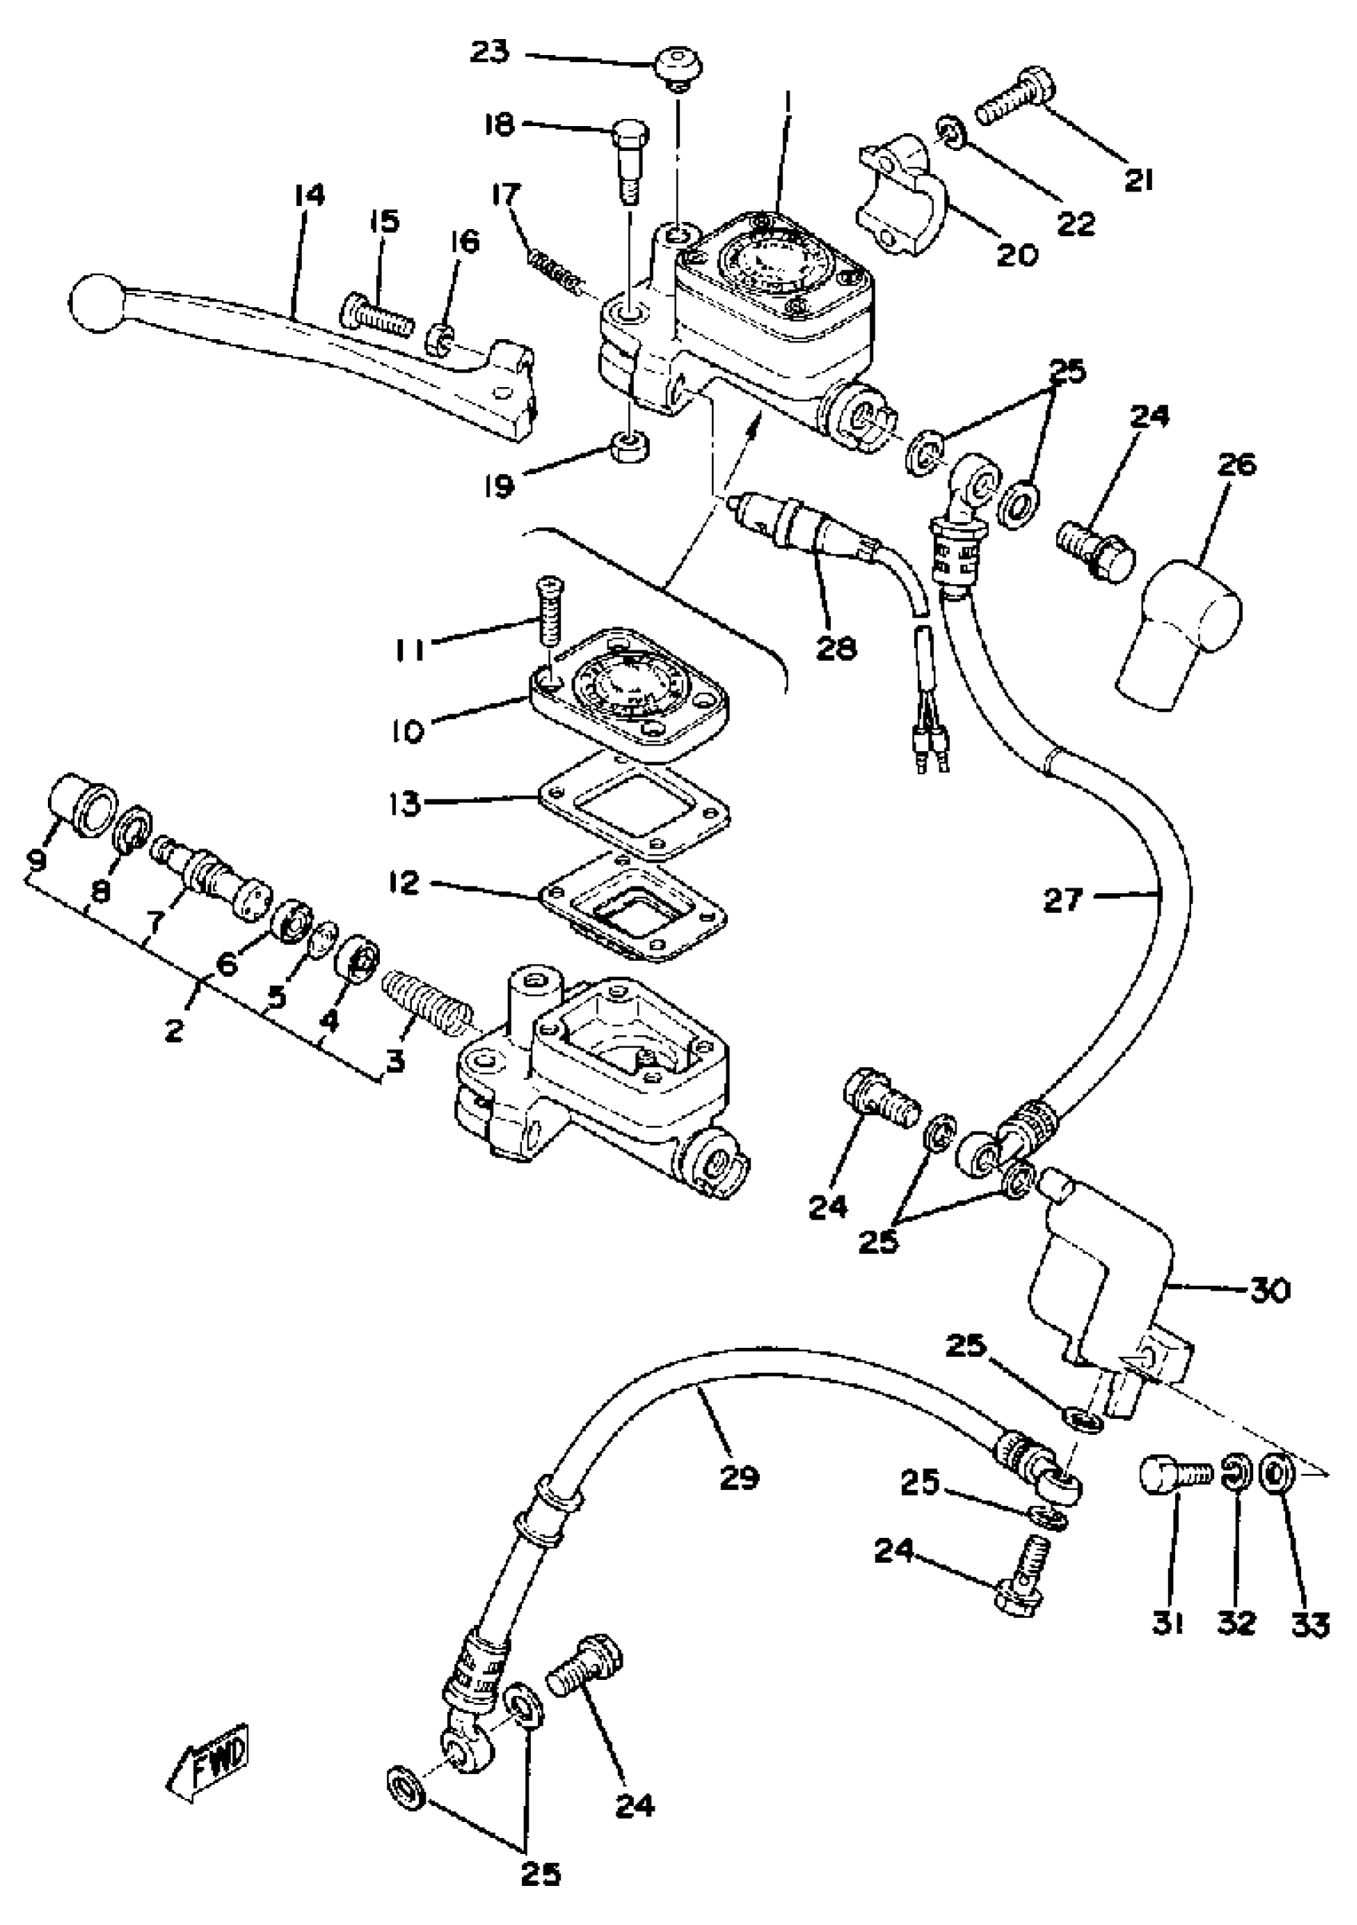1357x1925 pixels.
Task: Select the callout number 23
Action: click(x=489, y=52)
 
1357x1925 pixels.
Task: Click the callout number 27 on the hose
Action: click(x=1063, y=901)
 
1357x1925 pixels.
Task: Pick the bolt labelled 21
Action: click(x=1014, y=110)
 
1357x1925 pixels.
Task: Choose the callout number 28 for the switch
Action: click(x=835, y=646)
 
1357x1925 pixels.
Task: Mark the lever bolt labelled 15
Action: click(x=378, y=318)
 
